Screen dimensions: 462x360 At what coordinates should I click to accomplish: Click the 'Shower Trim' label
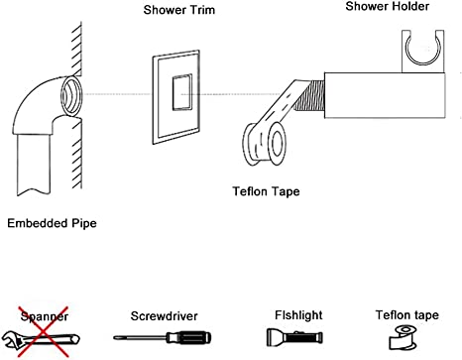click(179, 10)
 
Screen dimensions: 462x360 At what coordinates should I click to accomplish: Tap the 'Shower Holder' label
click(388, 6)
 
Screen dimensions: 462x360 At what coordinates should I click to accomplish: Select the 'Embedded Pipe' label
click(52, 223)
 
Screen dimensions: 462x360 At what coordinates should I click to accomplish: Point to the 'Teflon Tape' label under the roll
click(266, 191)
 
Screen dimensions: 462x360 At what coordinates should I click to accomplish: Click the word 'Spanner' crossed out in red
click(45, 316)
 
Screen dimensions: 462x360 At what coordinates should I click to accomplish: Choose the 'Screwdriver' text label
click(165, 316)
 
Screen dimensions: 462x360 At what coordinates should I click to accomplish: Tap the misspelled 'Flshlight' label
click(298, 315)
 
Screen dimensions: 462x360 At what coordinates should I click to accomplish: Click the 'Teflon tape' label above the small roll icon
click(407, 315)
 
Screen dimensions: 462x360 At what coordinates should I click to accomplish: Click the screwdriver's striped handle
click(188, 338)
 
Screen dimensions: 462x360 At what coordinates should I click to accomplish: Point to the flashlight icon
click(294, 337)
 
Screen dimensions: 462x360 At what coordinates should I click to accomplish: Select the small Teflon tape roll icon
click(404, 338)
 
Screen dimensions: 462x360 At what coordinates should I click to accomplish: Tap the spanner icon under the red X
click(41, 340)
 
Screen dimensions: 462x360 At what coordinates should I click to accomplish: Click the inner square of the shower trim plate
click(181, 92)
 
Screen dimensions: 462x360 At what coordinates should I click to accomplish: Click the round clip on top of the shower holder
click(422, 50)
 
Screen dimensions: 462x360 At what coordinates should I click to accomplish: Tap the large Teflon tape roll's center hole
click(278, 142)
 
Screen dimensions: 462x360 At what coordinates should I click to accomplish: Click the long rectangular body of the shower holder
click(385, 95)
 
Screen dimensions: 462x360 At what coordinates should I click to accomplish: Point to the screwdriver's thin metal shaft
click(140, 337)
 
